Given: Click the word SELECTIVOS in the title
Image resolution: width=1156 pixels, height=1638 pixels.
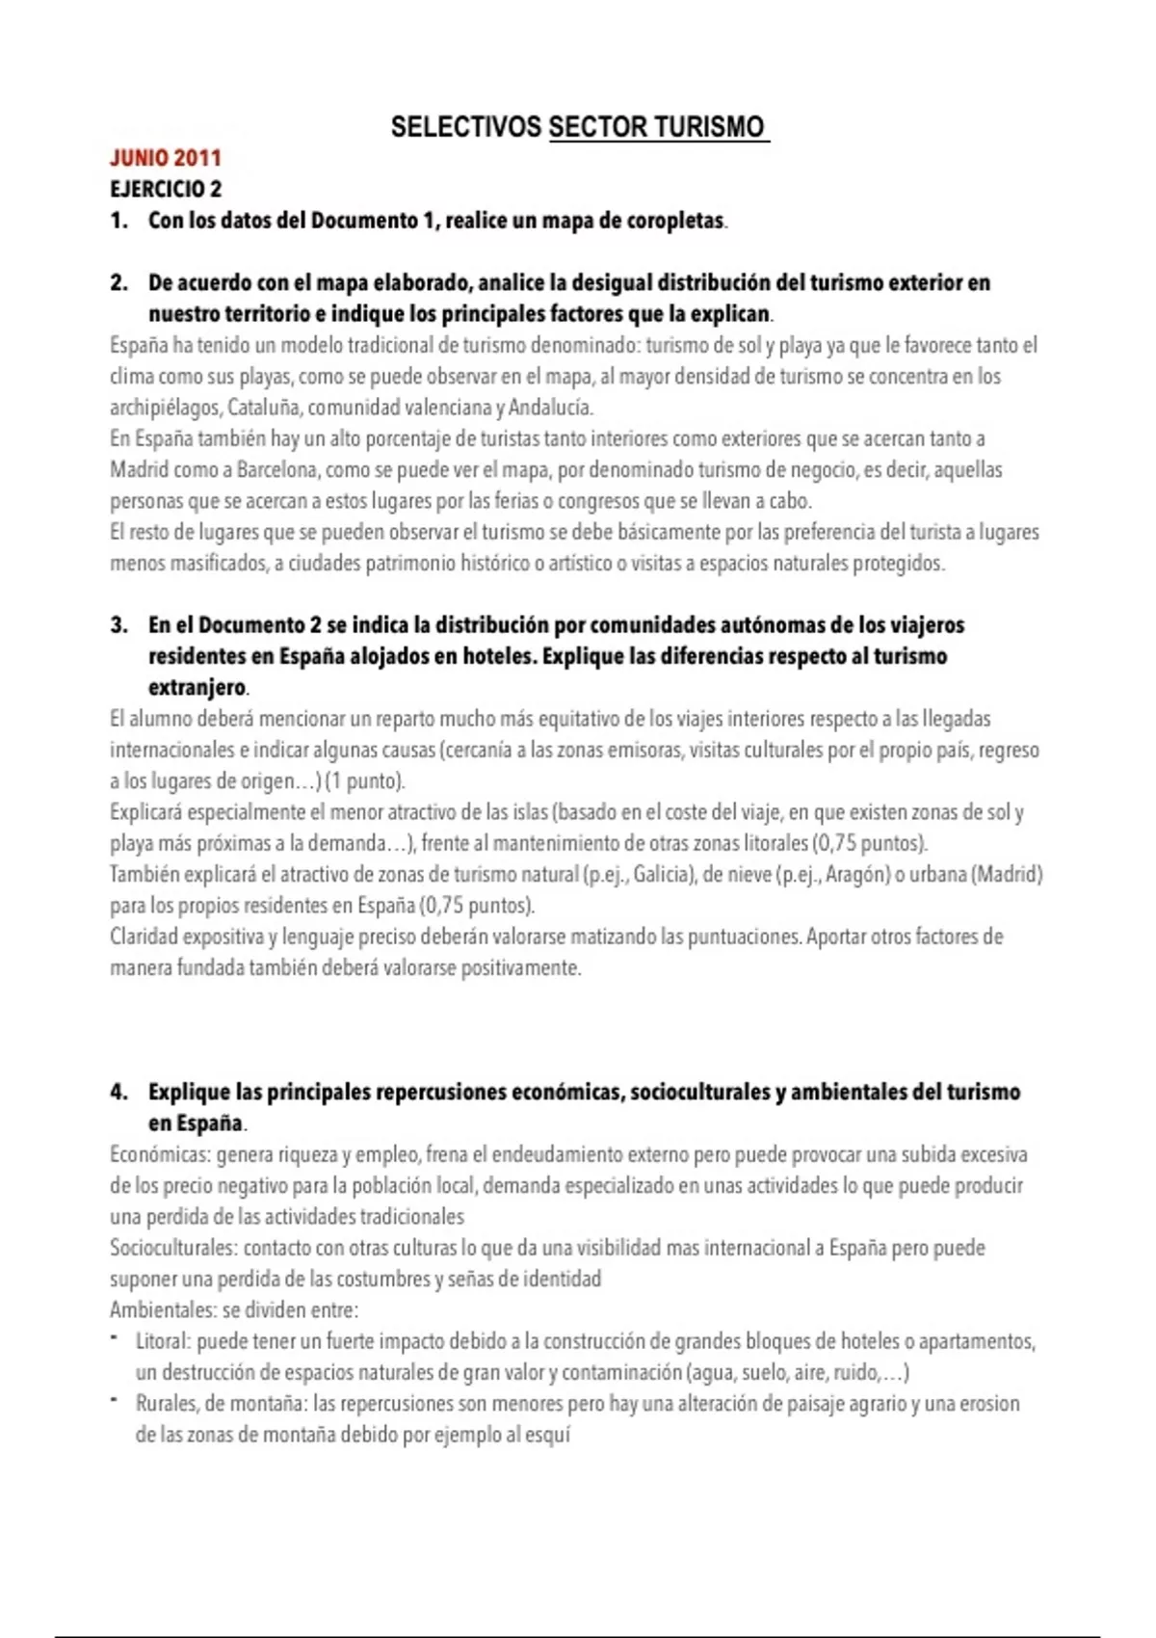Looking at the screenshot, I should [x=465, y=127].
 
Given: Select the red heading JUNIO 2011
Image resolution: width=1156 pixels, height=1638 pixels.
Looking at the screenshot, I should [x=166, y=158].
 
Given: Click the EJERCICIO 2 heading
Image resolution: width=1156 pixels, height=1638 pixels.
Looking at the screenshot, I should [x=166, y=189].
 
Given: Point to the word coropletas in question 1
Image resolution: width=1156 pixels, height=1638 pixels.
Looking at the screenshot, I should [x=674, y=221].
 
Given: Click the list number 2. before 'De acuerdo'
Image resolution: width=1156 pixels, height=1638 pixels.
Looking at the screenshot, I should [x=118, y=283].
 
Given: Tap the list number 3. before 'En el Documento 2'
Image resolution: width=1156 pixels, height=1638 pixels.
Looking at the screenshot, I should [x=118, y=625].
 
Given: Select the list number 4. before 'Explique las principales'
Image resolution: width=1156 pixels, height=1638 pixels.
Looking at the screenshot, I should [x=118, y=1093].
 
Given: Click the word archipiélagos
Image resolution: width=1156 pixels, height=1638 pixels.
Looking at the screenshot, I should [x=166, y=408].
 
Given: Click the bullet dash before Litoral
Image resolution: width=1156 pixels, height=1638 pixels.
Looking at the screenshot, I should [x=115, y=1339].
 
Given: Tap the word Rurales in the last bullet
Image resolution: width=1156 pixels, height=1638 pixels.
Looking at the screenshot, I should [x=166, y=1404].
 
